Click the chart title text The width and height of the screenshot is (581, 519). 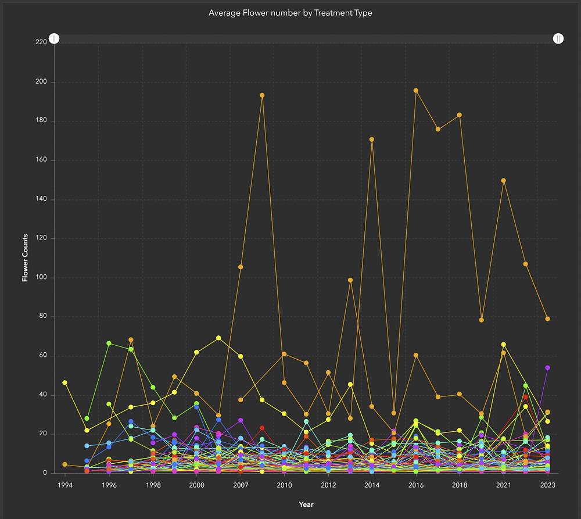[x=290, y=12]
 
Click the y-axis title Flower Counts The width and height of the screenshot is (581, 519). [x=25, y=258]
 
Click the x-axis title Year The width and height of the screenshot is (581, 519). [x=306, y=504]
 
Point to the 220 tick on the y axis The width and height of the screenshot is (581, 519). [x=41, y=42]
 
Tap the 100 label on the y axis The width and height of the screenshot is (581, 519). [x=41, y=278]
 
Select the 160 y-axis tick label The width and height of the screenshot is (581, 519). [x=41, y=160]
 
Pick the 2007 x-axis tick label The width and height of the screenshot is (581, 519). [x=241, y=485]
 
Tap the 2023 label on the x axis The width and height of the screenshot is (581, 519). [x=547, y=485]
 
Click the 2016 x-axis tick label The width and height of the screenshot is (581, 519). [x=416, y=485]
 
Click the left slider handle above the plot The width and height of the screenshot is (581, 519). [x=53, y=38]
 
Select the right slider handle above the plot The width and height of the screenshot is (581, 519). [x=558, y=38]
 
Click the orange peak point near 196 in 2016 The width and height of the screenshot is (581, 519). [x=416, y=91]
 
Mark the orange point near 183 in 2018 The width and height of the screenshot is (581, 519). [x=460, y=115]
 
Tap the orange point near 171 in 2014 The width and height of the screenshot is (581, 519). [x=372, y=139]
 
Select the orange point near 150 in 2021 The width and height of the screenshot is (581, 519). [x=504, y=180]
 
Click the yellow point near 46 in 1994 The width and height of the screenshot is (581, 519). [x=65, y=382]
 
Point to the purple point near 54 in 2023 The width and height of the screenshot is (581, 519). [x=547, y=368]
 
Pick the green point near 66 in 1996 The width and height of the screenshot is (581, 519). [x=109, y=343]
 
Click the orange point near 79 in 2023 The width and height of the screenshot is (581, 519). [x=547, y=318]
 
